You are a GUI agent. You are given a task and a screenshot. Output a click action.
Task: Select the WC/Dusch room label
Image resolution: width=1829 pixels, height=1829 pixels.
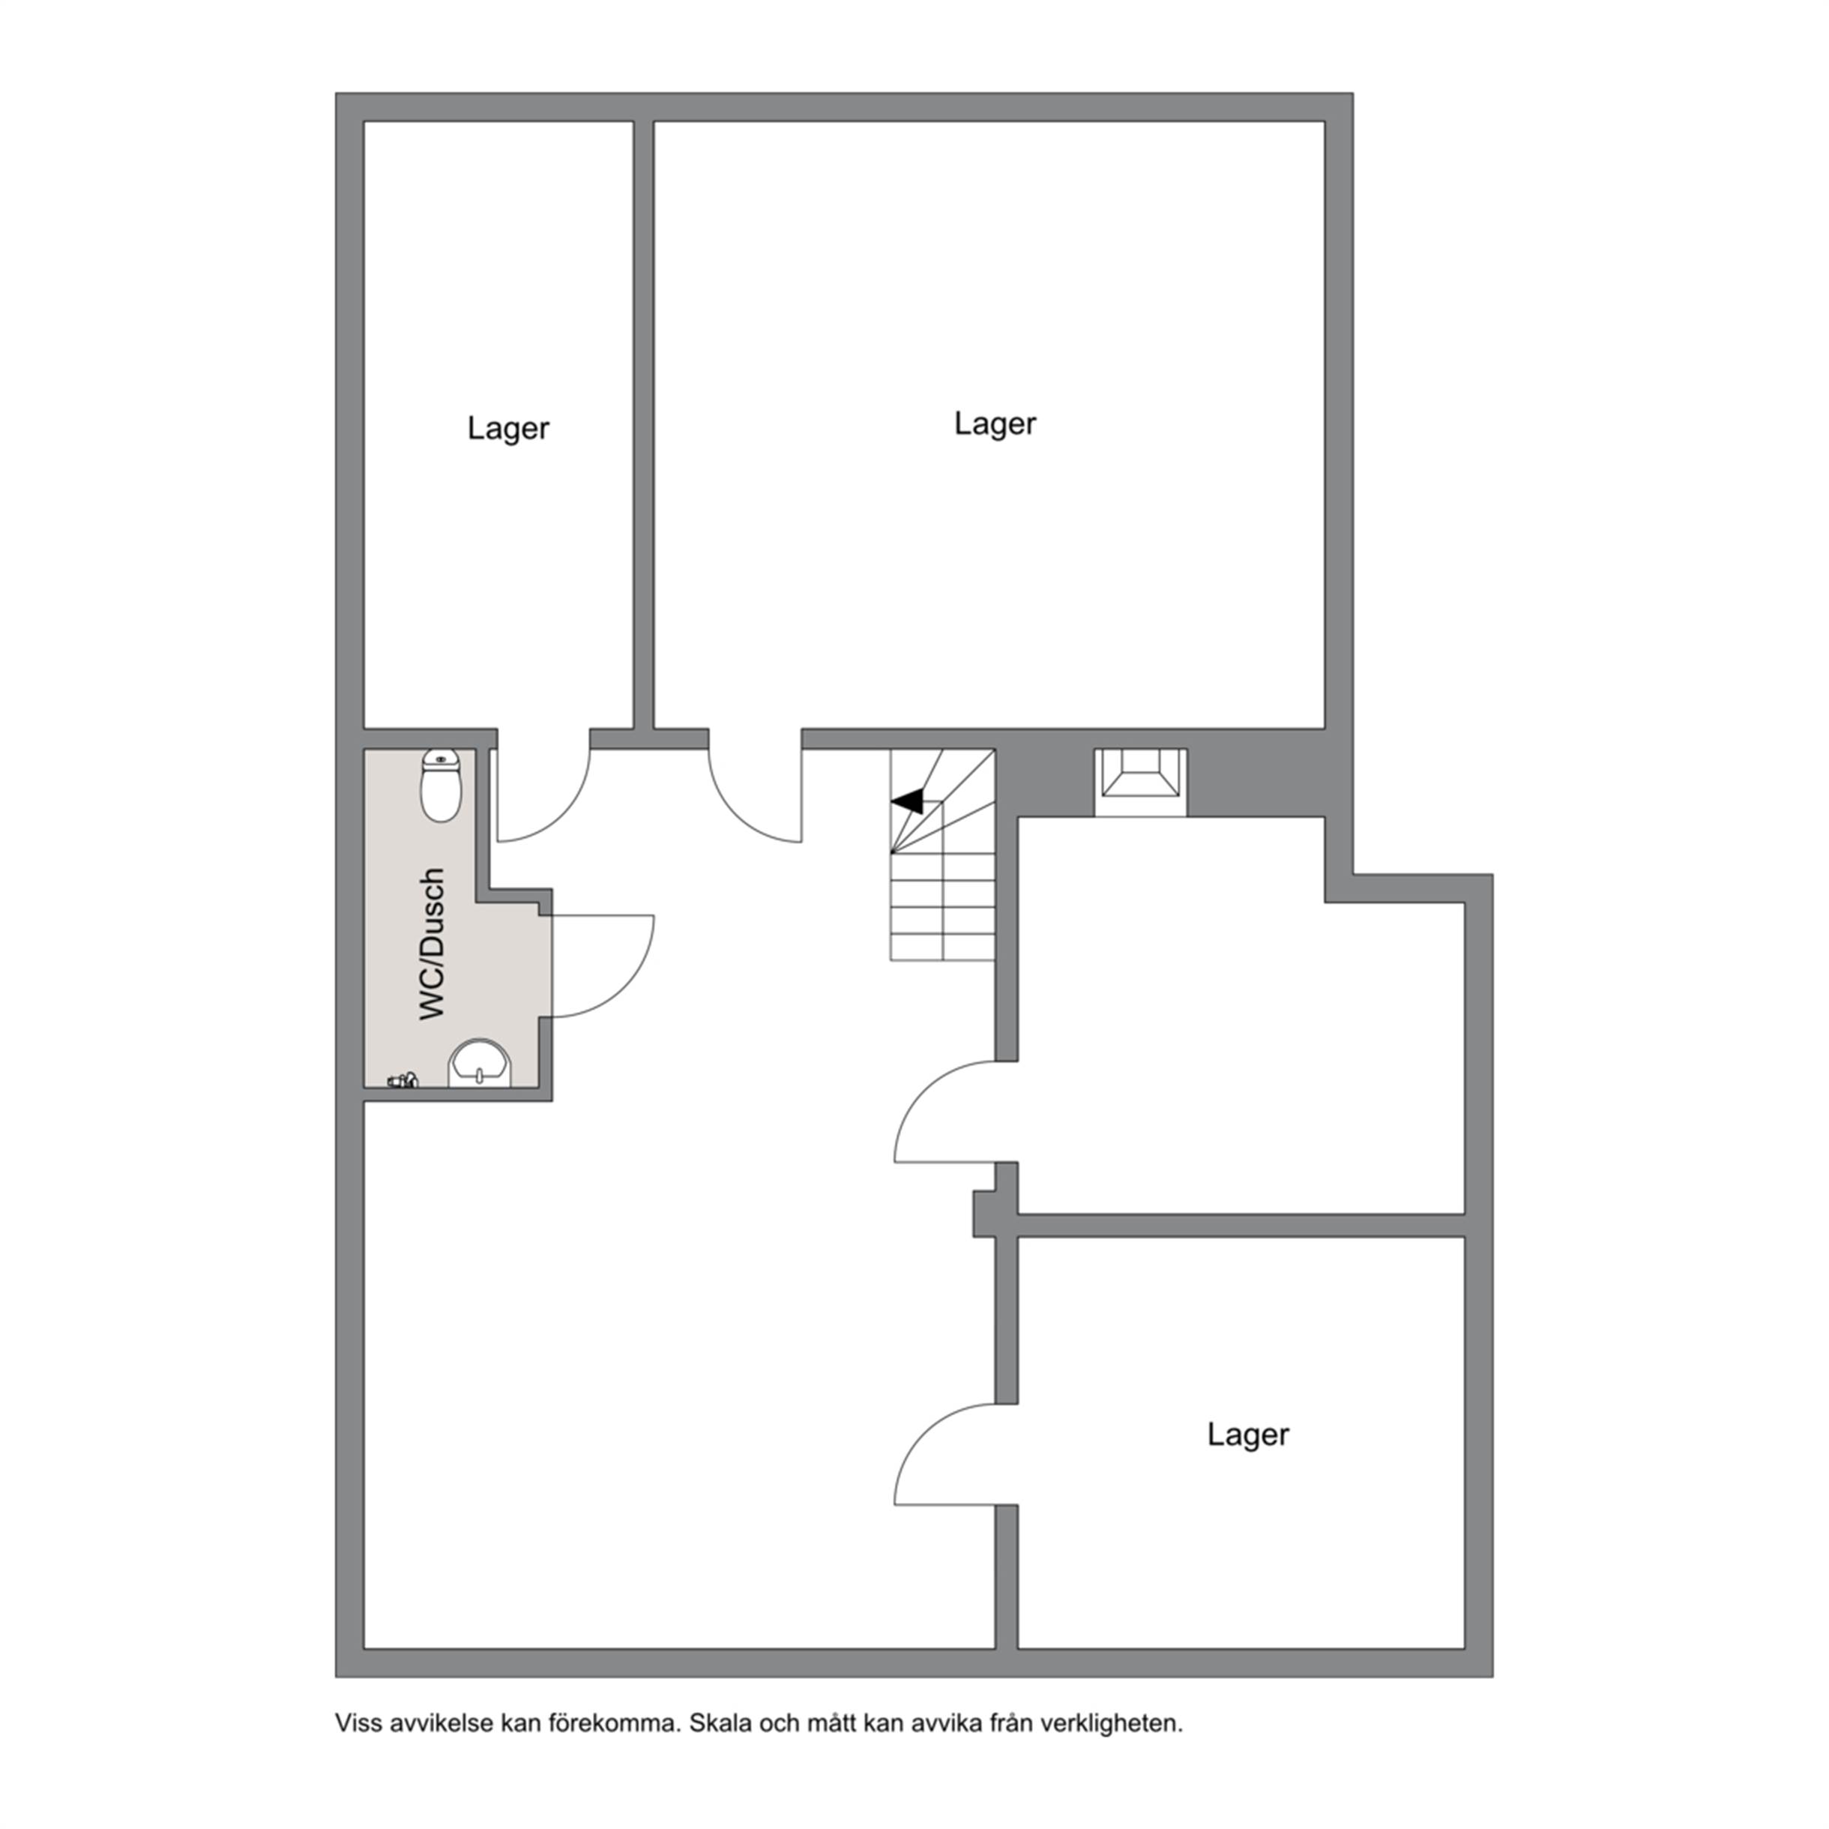point(432,944)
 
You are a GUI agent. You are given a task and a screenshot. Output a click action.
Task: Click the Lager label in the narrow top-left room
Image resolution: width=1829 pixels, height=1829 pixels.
point(507,429)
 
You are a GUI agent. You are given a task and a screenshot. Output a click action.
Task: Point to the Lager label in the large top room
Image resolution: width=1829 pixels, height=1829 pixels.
point(995,424)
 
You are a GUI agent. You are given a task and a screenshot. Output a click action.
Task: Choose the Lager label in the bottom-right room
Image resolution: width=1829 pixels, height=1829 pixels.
point(1248,1434)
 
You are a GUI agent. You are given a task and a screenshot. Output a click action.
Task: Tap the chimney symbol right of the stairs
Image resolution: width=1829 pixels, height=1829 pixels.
point(1141,782)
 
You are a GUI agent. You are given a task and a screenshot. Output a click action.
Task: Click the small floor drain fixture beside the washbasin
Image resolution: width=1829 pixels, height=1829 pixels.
point(403,1080)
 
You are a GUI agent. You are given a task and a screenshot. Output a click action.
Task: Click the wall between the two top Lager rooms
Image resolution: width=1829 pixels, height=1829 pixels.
point(644,425)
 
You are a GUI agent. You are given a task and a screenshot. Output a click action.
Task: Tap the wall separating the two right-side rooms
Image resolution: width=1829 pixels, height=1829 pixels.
point(1241,1225)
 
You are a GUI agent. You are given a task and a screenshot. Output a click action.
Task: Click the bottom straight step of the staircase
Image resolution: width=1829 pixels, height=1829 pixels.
point(943,947)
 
